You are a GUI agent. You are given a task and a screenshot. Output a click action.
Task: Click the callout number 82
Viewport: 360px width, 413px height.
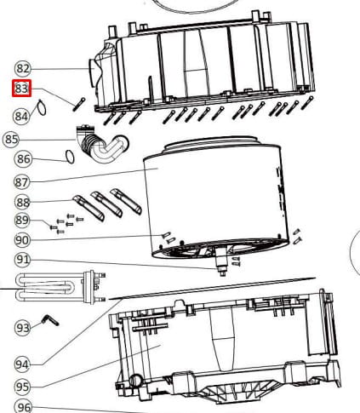click(22, 68)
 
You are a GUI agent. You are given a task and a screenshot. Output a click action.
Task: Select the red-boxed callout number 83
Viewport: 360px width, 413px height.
click(21, 89)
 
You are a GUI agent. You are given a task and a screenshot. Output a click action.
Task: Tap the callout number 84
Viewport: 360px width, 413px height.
click(21, 116)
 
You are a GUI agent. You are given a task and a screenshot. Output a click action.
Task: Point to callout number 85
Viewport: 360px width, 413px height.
click(11, 140)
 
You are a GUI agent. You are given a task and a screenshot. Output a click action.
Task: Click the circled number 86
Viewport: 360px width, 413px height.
click(23, 158)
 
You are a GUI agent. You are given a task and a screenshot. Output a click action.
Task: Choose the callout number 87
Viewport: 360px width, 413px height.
click(21, 182)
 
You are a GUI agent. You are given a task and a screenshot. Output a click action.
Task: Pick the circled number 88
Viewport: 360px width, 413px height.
click(22, 203)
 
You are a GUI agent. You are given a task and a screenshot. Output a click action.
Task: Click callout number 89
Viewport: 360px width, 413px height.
click(22, 220)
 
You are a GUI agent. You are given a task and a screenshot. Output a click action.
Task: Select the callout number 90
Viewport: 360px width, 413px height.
click(22, 240)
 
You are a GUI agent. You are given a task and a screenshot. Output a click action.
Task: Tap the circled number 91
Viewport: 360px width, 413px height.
click(22, 260)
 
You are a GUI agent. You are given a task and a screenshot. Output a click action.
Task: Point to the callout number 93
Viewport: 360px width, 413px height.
click(22, 328)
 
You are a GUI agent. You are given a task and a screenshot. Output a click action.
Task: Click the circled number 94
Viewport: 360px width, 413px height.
click(22, 364)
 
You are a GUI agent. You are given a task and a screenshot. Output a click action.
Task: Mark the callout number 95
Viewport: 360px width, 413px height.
click(22, 387)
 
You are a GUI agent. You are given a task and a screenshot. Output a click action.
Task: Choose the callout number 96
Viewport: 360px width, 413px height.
click(23, 407)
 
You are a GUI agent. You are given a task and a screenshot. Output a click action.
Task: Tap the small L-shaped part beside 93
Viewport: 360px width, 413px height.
click(50, 319)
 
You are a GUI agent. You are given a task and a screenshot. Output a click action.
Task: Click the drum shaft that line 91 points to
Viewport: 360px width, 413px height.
click(221, 262)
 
